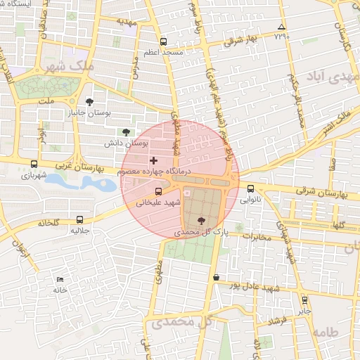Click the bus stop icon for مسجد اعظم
pyautogui.click(x=164, y=41)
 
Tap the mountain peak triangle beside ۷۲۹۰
pyautogui.click(x=281, y=27)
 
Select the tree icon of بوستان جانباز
pyautogui.click(x=89, y=102)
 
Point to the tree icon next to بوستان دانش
pyautogui.click(x=126, y=131)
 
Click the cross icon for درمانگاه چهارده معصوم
pyautogui.click(x=154, y=161)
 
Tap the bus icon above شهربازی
pyautogui.click(x=34, y=164)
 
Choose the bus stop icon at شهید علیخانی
pyautogui.click(x=157, y=191)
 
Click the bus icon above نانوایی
pyautogui.click(x=251, y=188)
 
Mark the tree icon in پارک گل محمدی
pyautogui.click(x=202, y=220)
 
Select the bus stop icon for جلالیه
pyautogui.click(x=79, y=219)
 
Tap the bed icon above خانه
pyautogui.click(x=59, y=280)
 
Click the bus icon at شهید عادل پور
pyautogui.click(x=215, y=277)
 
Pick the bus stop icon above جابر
pyautogui.click(x=304, y=300)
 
